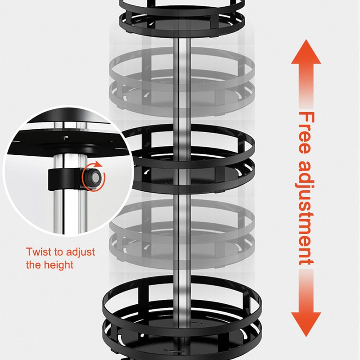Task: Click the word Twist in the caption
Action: [x=38, y=252]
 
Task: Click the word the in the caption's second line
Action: [x=33, y=265]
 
